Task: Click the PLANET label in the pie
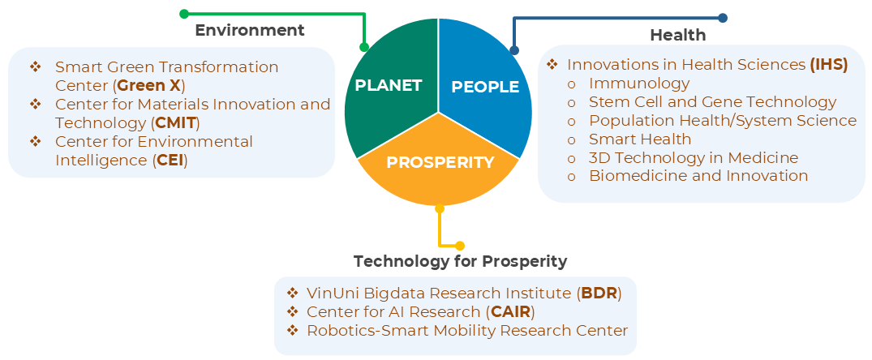point(389,85)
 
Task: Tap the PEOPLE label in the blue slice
point(485,87)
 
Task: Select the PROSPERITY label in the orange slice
point(440,162)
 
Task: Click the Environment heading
point(250,30)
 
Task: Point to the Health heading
point(678,35)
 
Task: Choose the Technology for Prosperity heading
point(461,261)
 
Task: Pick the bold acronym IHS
point(829,64)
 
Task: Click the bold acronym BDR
point(599,294)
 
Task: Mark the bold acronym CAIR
point(510,311)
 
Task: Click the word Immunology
point(639,84)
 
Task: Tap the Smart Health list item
point(640,139)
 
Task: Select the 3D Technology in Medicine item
point(694,158)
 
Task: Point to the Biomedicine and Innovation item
point(698,176)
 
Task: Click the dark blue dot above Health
point(723,18)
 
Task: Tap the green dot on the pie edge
point(364,47)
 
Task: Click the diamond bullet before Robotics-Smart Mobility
point(293,331)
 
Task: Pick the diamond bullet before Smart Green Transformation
point(36,67)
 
